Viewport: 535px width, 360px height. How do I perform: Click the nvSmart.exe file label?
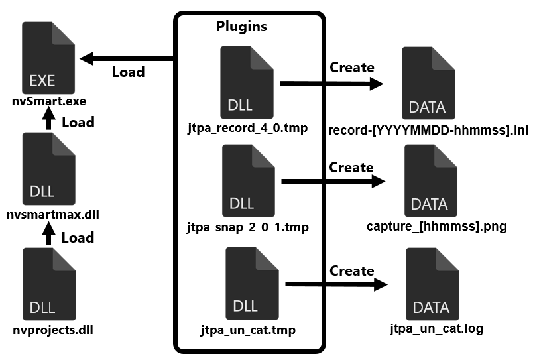(49, 101)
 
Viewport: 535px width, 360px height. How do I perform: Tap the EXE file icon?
(48, 58)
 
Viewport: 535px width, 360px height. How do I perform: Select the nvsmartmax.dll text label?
(53, 215)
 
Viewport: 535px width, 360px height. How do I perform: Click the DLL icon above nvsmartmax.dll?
(49, 168)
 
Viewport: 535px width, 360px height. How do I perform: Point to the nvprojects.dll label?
(53, 330)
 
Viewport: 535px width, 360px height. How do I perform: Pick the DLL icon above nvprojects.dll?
(49, 284)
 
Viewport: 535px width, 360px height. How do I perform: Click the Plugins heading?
(241, 27)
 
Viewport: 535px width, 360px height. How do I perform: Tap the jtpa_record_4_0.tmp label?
(248, 128)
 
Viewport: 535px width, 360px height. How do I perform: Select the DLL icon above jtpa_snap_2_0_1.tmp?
(249, 180)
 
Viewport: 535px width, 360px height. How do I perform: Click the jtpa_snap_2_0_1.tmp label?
(248, 227)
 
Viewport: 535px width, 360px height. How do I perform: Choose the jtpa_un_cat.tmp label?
(248, 330)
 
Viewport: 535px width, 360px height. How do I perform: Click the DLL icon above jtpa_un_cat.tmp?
(252, 284)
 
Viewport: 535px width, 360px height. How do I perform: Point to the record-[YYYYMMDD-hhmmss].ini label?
(428, 131)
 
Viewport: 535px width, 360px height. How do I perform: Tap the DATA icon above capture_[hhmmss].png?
(431, 180)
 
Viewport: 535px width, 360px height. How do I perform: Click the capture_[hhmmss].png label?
(436, 227)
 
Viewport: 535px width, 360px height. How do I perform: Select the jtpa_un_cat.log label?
(437, 329)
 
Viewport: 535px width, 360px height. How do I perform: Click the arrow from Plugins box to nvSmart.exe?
(127, 59)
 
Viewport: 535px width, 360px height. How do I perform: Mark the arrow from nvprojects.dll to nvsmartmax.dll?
(48, 233)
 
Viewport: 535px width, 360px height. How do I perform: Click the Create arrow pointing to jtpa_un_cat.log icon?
(336, 284)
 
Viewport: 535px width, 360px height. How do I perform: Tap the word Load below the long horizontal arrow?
(129, 72)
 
